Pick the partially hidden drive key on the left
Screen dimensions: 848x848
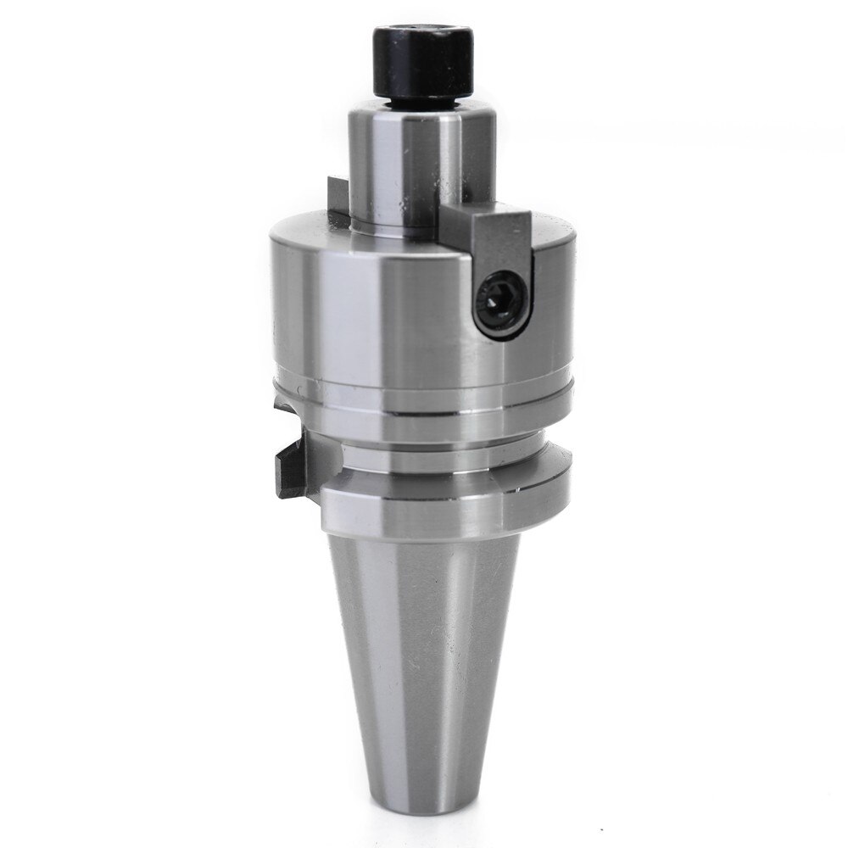click(337, 195)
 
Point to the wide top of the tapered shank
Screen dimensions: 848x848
click(423, 551)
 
